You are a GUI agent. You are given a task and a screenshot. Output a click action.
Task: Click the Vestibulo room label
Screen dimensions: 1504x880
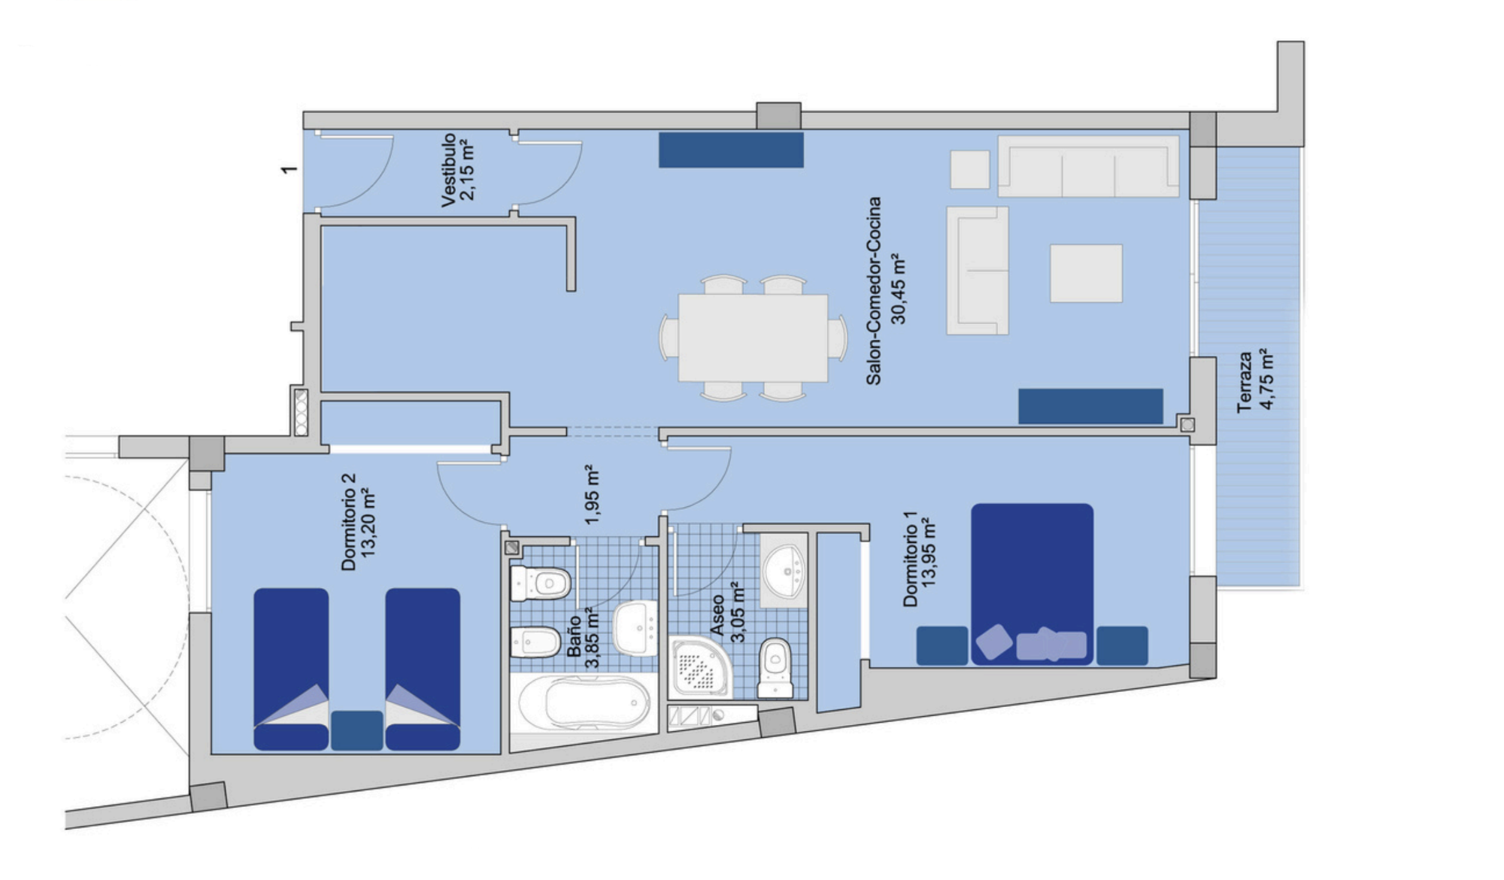tap(449, 170)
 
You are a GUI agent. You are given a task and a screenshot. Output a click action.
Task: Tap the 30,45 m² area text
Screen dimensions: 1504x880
tap(899, 289)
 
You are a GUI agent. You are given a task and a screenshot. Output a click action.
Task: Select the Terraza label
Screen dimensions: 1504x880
tap(1245, 382)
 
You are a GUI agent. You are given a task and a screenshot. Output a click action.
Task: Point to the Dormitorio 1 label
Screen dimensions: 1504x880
tap(910, 559)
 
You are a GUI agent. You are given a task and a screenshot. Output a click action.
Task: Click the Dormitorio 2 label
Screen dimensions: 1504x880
tap(348, 522)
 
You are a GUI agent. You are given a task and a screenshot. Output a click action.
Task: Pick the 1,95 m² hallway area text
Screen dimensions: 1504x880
tap(592, 494)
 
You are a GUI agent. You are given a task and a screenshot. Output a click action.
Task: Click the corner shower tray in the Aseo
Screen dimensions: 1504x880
tap(699, 666)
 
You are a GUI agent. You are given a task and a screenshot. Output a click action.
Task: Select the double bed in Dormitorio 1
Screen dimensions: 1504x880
tap(1032, 584)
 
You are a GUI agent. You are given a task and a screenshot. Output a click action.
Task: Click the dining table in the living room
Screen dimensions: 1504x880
tap(753, 338)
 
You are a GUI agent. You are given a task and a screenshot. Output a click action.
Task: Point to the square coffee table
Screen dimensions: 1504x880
tap(1086, 273)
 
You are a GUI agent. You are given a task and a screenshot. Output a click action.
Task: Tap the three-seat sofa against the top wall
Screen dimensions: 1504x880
tap(1088, 166)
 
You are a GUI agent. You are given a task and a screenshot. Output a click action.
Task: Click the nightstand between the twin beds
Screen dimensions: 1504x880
tap(356, 730)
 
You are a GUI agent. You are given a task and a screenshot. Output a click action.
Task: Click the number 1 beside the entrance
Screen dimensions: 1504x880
tap(289, 169)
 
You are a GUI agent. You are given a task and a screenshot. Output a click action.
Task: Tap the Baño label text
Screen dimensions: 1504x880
tap(574, 636)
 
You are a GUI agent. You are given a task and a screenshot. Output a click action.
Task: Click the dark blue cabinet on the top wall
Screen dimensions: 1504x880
tap(731, 150)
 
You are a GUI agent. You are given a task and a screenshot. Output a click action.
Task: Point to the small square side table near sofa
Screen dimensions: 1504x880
tap(969, 169)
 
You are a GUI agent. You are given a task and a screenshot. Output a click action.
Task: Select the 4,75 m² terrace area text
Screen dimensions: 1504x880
tap(1267, 379)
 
